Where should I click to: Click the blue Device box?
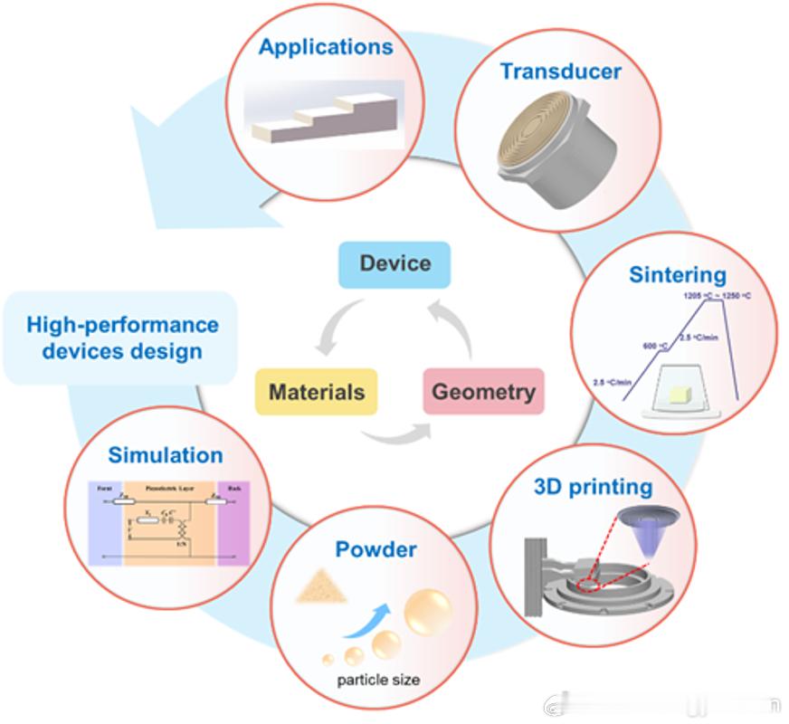click(x=394, y=264)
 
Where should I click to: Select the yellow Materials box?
click(x=317, y=392)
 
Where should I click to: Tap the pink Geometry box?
click(x=483, y=392)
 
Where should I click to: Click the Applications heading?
click(x=326, y=47)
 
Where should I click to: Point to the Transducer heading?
click(x=561, y=71)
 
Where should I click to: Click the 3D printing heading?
click(x=593, y=487)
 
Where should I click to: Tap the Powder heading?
click(x=375, y=549)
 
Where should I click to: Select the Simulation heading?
click(x=166, y=455)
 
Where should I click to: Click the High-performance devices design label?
click(x=122, y=338)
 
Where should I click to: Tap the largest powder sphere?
click(x=427, y=613)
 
